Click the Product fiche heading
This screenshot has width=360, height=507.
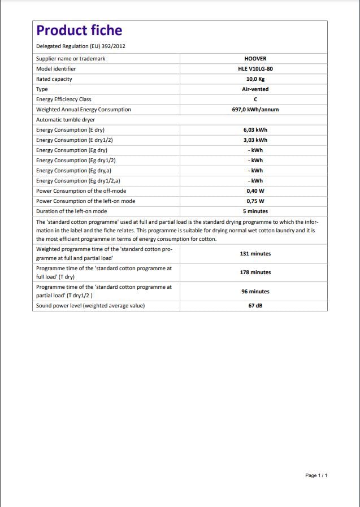click(x=79, y=31)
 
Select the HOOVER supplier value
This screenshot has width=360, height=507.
click(x=255, y=59)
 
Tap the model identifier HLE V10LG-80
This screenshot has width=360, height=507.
click(x=255, y=69)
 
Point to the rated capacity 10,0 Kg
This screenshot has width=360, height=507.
click(x=255, y=79)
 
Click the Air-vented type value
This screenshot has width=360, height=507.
click(x=255, y=89)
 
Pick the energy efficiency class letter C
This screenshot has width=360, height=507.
click(x=255, y=99)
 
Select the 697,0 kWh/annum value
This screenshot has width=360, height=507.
click(x=255, y=110)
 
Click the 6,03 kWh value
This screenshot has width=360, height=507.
click(x=255, y=130)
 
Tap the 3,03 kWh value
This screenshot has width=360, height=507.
click(x=255, y=140)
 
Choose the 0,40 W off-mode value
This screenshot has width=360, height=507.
click(x=255, y=191)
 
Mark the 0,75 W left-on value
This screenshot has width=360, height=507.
click(x=255, y=201)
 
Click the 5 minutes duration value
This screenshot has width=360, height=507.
click(x=255, y=211)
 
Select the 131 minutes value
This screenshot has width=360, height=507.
click(x=255, y=254)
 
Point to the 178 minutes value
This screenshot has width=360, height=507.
click(x=255, y=272)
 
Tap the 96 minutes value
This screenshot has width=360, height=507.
click(x=255, y=292)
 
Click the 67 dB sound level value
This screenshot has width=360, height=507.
click(x=255, y=306)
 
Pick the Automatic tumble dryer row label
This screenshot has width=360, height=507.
click(x=66, y=120)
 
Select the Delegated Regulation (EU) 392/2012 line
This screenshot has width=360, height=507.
click(x=85, y=46)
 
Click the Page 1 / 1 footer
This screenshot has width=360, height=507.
click(x=316, y=475)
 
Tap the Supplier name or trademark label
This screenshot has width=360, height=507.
click(x=71, y=59)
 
